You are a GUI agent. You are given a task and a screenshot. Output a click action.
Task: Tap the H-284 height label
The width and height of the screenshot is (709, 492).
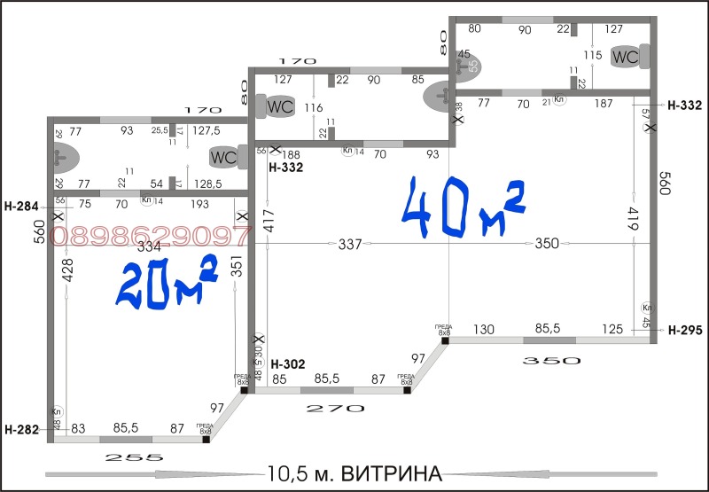point(21,207)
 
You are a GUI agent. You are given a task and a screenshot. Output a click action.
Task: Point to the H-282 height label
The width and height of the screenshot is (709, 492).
point(21,431)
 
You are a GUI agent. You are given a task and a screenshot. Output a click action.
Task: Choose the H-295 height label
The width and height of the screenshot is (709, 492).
point(685,331)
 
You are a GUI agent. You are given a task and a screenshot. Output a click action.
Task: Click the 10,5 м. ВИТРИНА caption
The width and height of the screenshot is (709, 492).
point(354,471)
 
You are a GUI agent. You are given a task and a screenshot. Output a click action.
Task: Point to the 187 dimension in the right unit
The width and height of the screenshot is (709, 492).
point(604,104)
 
